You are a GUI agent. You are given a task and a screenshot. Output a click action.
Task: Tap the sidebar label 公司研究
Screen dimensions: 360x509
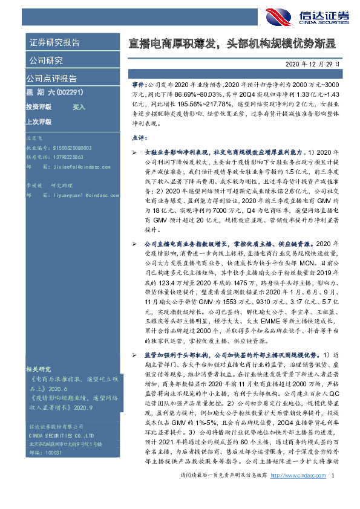45,60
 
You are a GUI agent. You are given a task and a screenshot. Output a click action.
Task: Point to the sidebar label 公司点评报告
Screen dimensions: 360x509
51,78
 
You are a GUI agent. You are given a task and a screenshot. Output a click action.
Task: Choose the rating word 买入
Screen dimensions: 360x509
79,106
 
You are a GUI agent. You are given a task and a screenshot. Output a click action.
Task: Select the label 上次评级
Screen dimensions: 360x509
39,121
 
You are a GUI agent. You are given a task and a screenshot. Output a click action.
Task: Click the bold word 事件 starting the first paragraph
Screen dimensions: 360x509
139,86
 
